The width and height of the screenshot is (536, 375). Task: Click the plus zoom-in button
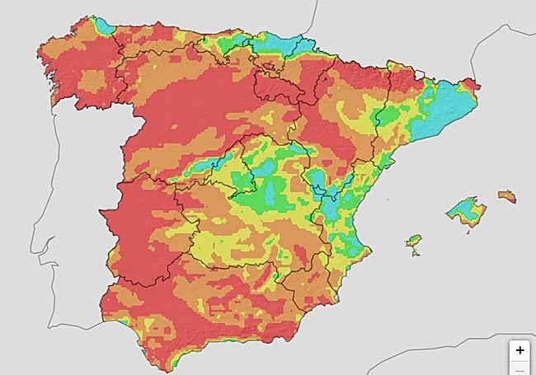point(520,349)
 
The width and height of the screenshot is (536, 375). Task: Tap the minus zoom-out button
point(520,370)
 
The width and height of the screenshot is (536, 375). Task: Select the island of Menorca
point(506,196)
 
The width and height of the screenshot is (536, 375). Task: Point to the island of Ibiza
point(414,241)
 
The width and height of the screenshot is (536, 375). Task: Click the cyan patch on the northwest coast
point(104,25)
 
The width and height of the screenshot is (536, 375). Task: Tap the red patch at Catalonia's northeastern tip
point(471,83)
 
